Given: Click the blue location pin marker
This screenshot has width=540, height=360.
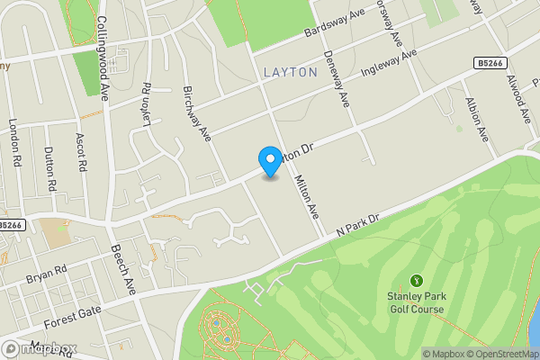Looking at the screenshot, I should pyautogui.click(x=269, y=161).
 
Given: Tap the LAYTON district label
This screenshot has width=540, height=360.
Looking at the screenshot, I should pyautogui.click(x=291, y=71).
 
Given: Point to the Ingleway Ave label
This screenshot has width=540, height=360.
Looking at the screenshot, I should pyautogui.click(x=389, y=65).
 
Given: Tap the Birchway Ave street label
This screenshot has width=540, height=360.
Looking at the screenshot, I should pyautogui.click(x=196, y=113).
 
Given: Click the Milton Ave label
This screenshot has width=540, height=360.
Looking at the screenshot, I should pyautogui.click(x=307, y=195).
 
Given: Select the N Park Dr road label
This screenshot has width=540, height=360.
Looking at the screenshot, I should pyautogui.click(x=356, y=224).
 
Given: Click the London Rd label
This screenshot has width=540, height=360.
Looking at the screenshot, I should pyautogui.click(x=14, y=143).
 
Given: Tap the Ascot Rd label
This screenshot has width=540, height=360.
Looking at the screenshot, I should pyautogui.click(x=81, y=152).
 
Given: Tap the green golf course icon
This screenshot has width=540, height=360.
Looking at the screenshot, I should pyautogui.click(x=417, y=282).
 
